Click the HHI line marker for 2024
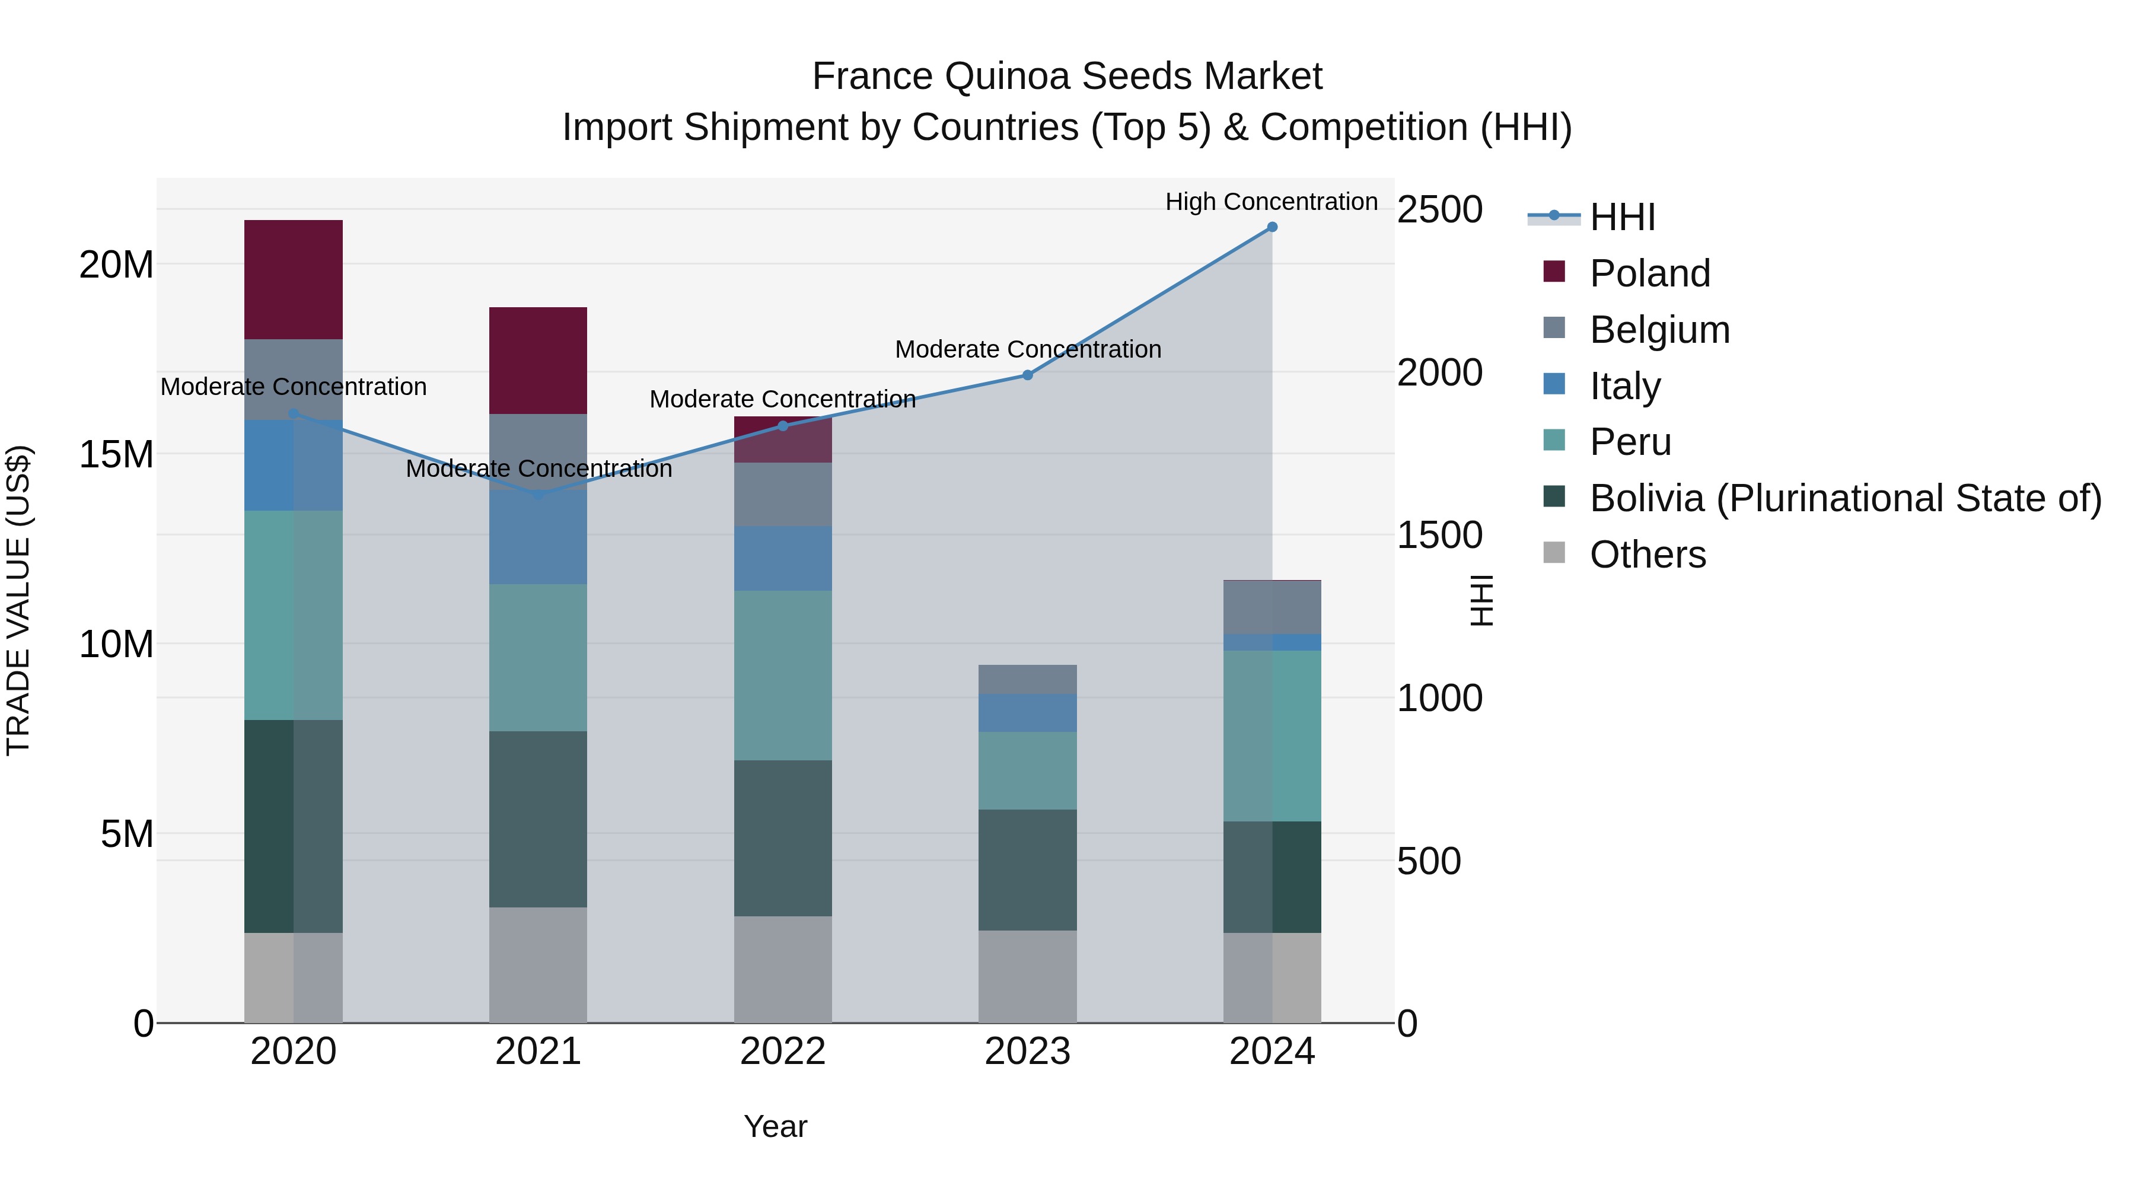pos(1272,227)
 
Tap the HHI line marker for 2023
pos(1028,375)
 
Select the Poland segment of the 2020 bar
pos(294,279)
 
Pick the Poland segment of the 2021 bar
pos(538,361)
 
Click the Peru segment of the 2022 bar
pos(782,676)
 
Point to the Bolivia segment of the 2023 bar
pos(1028,869)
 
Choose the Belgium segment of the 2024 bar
pos(1272,607)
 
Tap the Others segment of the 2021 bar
pos(538,965)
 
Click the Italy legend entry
pos(1624,386)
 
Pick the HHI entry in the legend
pos(1622,217)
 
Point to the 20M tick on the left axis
pos(116,265)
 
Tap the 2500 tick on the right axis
pos(1439,210)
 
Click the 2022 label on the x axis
pos(782,1052)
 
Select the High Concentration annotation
pos(1272,202)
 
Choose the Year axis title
pos(775,1126)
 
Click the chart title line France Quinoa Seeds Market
pos(1067,77)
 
